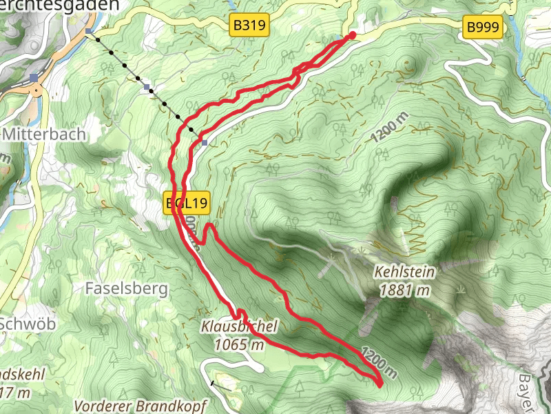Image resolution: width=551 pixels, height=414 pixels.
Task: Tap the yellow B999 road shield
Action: pyautogui.click(x=484, y=28)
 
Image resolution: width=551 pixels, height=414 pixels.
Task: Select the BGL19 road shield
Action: pyautogui.click(x=186, y=204)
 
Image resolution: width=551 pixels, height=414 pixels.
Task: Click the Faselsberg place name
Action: pyautogui.click(x=127, y=288)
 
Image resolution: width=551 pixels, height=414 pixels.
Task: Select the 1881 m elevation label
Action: pyautogui.click(x=406, y=290)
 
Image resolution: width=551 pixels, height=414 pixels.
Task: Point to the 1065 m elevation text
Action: pyautogui.click(x=239, y=344)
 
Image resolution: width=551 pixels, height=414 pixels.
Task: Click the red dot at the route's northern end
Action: pyautogui.click(x=353, y=34)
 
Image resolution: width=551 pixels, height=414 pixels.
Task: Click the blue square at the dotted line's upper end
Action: pyautogui.click(x=89, y=32)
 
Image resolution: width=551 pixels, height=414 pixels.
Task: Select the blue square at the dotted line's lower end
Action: pyautogui.click(x=205, y=142)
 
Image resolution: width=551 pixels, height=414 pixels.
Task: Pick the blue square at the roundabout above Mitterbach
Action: pyautogui.click(x=34, y=77)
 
